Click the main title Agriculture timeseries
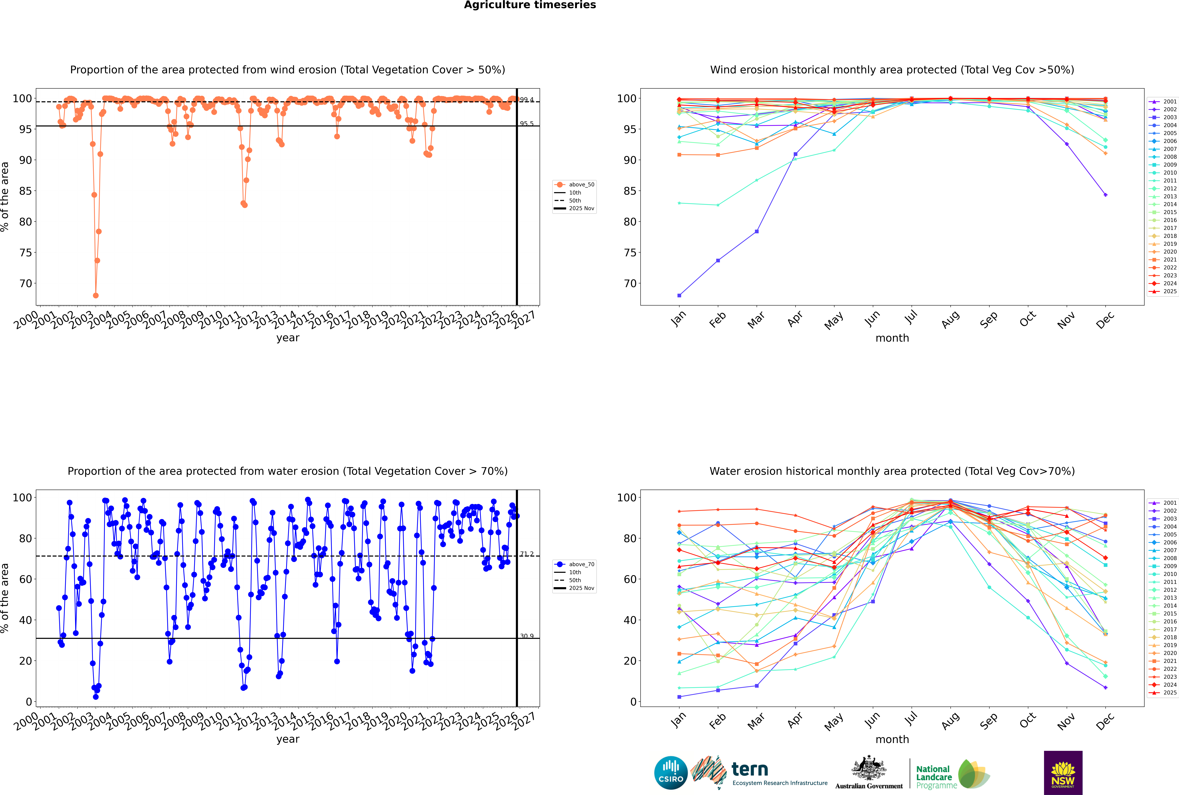point(530,5)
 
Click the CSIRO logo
point(671,773)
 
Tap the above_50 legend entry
point(581,185)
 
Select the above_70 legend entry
point(581,564)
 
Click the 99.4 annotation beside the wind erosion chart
point(527,100)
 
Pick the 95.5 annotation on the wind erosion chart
point(527,124)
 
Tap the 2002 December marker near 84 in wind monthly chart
point(1106,195)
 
